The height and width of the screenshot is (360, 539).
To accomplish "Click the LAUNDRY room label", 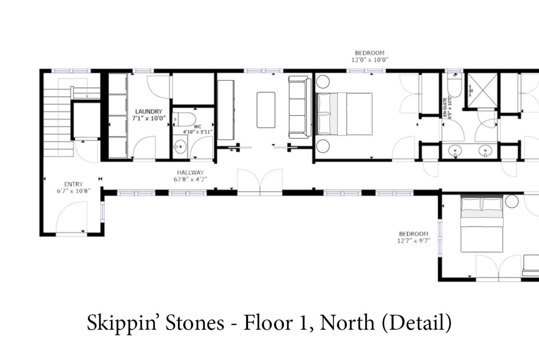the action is (149, 112).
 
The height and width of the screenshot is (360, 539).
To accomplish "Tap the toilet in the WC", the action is (184, 120).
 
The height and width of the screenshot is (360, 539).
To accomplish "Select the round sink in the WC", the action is (180, 147).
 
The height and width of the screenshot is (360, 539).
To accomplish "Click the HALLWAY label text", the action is (190, 172).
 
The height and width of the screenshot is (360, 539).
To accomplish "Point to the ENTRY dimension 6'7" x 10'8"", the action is (73, 191).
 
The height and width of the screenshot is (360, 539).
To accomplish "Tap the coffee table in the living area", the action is (266, 110).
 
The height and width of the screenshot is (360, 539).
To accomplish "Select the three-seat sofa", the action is (299, 107).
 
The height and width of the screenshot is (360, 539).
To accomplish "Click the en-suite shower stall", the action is (482, 90).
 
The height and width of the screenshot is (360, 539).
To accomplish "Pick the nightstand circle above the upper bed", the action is (323, 82).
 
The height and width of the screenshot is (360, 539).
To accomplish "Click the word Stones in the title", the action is (195, 323).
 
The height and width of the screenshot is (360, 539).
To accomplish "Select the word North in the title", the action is (347, 323).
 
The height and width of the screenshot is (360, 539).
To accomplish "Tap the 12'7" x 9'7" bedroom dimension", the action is (414, 240).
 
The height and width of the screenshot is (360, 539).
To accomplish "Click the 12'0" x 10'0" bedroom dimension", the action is (370, 60).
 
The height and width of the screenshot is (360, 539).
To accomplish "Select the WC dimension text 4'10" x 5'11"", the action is (198, 132).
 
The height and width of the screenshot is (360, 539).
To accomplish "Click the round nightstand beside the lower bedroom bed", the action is (512, 201).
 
